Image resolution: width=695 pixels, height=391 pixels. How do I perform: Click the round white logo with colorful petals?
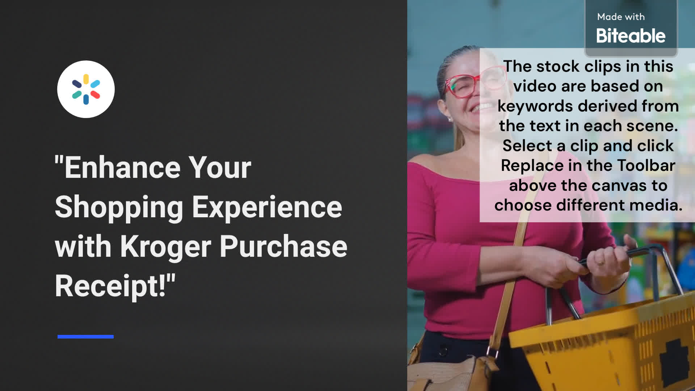pos(86,89)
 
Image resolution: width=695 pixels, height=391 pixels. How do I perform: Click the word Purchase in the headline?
pos(283,246)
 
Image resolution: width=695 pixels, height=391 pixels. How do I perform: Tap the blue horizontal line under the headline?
pos(85,337)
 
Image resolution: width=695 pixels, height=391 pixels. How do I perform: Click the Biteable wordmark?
pos(631,35)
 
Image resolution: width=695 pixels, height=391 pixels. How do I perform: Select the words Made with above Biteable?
pos(621,17)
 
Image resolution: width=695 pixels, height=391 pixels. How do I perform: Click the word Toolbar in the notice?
pos(646,165)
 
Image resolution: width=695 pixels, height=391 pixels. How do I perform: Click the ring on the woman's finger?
pos(601,262)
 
